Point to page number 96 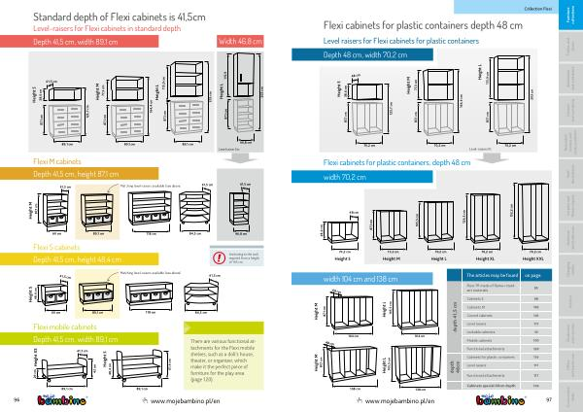click(17, 398)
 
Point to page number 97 click(550, 398)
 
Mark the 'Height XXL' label click(535, 257)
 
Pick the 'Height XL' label click(496, 257)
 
